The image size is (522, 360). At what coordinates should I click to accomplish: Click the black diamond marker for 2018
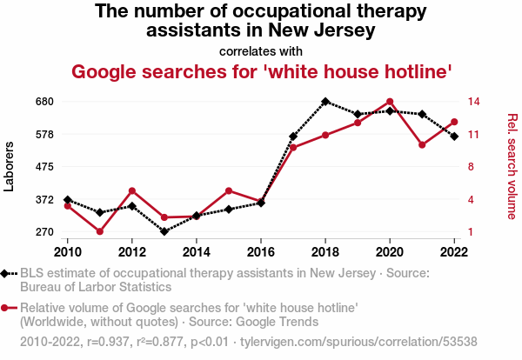pyautogui.click(x=325, y=102)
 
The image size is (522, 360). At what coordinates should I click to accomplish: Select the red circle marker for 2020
pyautogui.click(x=390, y=102)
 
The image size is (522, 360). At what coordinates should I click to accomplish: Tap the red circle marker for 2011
pyautogui.click(x=100, y=231)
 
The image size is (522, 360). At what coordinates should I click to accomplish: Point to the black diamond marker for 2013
pyautogui.click(x=164, y=231)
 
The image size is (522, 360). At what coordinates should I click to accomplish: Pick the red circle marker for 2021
pyautogui.click(x=422, y=144)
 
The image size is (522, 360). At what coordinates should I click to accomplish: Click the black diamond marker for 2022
pyautogui.click(x=454, y=137)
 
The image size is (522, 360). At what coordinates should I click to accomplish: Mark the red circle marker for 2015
pyautogui.click(x=229, y=190)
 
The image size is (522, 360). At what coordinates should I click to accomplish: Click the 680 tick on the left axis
pyautogui.click(x=44, y=102)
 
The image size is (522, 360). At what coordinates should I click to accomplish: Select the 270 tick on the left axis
pyautogui.click(x=44, y=232)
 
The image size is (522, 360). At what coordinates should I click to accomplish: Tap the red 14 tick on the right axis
pyautogui.click(x=474, y=102)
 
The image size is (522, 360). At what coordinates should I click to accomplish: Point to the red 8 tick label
pyautogui.click(x=471, y=167)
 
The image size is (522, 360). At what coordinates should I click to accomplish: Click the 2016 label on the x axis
pyautogui.click(x=261, y=252)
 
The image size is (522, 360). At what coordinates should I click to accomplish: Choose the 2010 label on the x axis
pyautogui.click(x=68, y=252)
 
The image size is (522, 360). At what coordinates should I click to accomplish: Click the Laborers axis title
pyautogui.click(x=9, y=166)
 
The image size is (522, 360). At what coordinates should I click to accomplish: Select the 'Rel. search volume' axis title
pyautogui.click(x=512, y=166)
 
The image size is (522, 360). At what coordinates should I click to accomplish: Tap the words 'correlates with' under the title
pyautogui.click(x=261, y=51)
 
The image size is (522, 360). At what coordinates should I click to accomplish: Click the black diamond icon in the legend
pyautogui.click(x=4, y=274)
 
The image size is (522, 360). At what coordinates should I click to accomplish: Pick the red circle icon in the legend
pyautogui.click(x=4, y=308)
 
